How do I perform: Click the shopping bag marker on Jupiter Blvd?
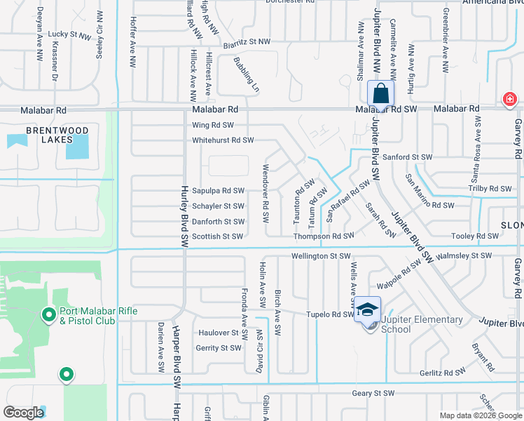click(x=380, y=93)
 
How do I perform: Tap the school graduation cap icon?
click(x=367, y=309)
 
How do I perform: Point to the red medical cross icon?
click(x=509, y=100)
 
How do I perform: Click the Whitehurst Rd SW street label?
click(x=223, y=140)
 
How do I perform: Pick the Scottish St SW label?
click(x=218, y=236)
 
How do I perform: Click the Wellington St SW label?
click(x=320, y=256)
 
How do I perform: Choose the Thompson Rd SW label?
click(x=324, y=236)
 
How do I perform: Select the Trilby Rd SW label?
click(x=490, y=188)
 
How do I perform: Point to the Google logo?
click(x=23, y=413)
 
